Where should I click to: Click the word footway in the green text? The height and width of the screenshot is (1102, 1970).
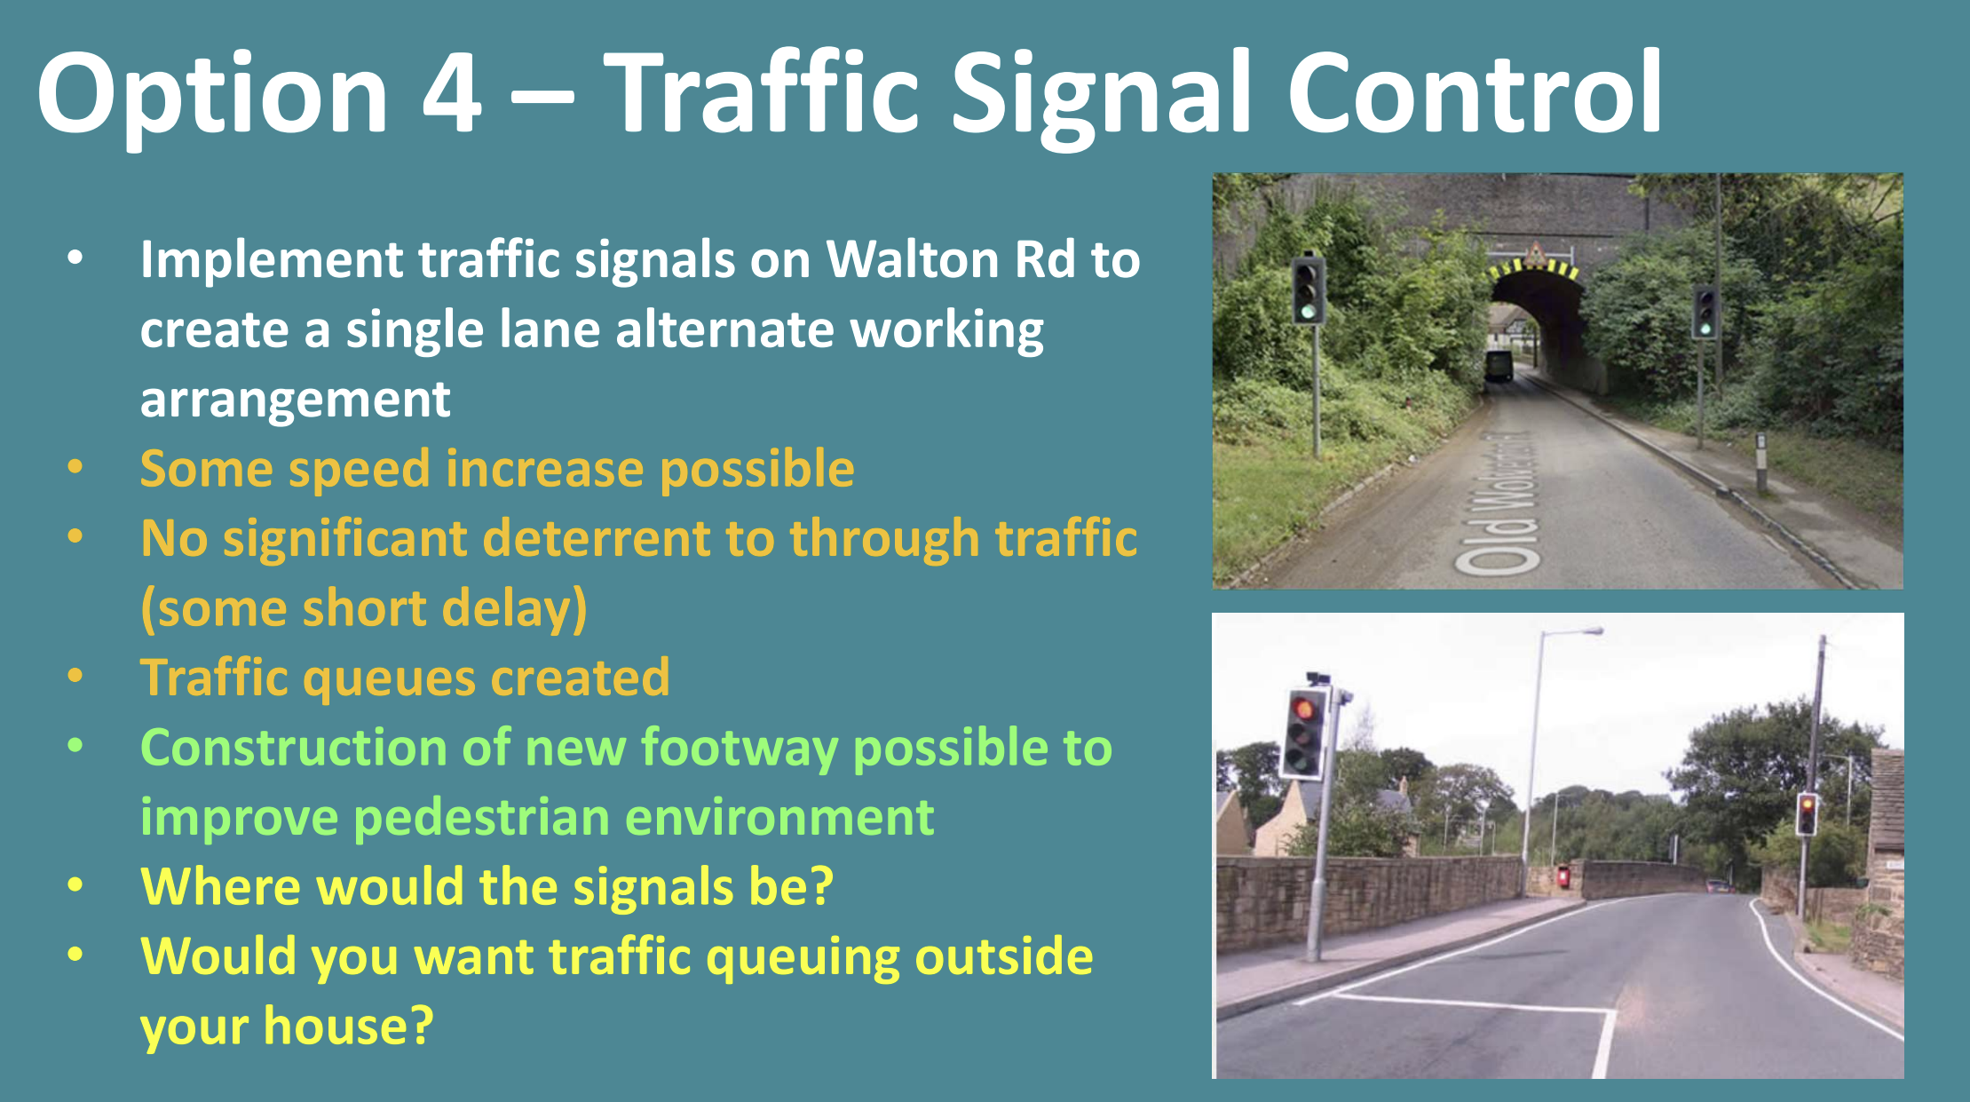point(740,748)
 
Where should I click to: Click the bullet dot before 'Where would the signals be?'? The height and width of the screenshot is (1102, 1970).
point(75,885)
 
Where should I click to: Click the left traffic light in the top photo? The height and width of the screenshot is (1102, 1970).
point(1309,289)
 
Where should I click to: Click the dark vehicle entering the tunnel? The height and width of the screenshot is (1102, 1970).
point(1499,365)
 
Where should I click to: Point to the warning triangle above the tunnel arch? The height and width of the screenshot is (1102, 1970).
point(1534,255)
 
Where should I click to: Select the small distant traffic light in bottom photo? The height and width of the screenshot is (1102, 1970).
point(1806,813)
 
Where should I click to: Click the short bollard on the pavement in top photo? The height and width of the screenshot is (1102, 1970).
point(1761,461)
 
